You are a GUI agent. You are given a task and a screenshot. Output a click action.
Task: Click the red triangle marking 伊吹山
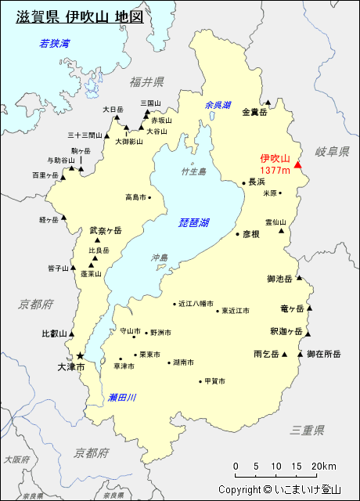coord(297,165)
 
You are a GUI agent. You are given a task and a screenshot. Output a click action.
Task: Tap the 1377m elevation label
coord(275,170)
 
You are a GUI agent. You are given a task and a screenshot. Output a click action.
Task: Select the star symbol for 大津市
coord(79,355)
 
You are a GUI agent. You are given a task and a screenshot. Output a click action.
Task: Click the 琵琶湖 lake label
coord(193,223)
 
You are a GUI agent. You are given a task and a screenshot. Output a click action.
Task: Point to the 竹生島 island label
coord(193,171)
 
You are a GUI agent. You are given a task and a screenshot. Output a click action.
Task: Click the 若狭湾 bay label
coord(55,43)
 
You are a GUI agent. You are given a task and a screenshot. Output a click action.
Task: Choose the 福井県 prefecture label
coord(147,81)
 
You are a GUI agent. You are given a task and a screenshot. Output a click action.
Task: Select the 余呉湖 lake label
coord(218,105)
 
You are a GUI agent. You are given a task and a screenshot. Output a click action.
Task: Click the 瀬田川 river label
coord(123,398)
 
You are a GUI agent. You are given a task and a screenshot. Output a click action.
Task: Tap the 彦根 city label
coord(250,233)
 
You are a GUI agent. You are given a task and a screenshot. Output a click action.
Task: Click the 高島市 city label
coord(135,197)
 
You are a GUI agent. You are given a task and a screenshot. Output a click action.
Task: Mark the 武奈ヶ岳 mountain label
coord(106,230)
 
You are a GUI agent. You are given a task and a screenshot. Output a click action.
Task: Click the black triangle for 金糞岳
coord(268,102)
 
